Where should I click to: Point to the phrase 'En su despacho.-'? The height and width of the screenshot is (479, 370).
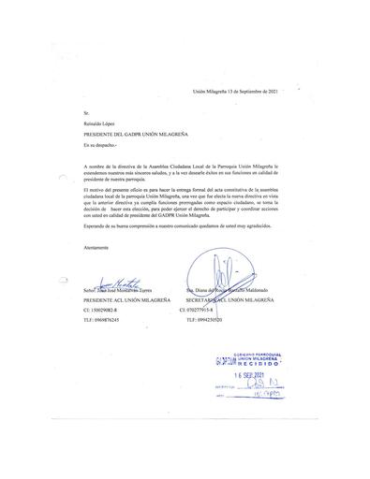[102, 146]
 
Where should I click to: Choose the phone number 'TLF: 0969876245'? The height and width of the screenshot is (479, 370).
[108, 320]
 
